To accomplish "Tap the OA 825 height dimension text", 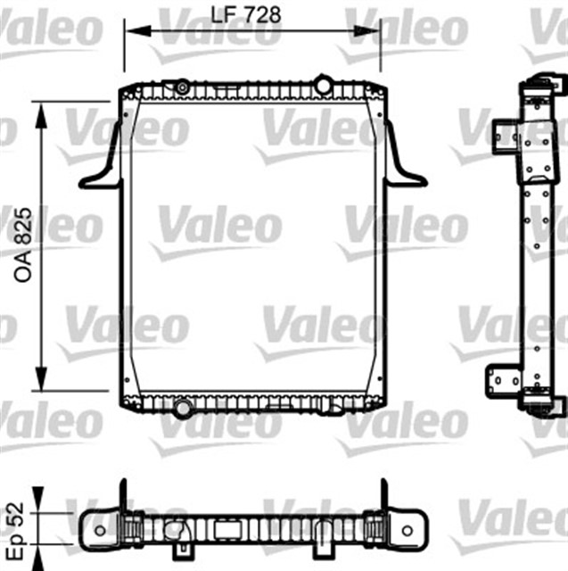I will [24, 246].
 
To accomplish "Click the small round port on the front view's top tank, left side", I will [183, 87].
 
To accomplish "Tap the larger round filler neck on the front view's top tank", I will [323, 86].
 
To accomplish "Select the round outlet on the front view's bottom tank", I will [183, 409].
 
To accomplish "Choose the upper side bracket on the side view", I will [507, 140].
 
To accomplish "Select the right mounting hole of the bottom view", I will [407, 530].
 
